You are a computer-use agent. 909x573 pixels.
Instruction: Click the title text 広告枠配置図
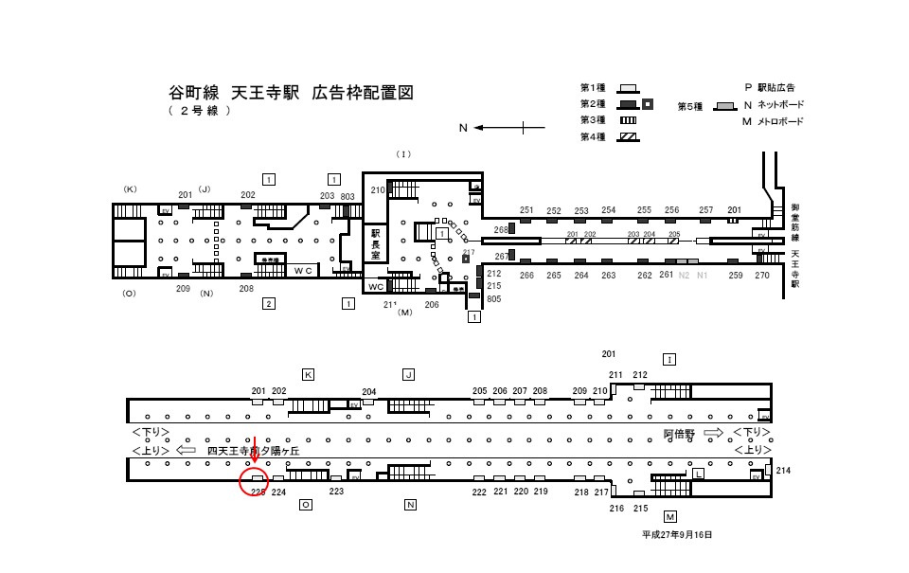(x=363, y=93)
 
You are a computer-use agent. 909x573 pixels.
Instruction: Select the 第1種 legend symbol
(x=628, y=87)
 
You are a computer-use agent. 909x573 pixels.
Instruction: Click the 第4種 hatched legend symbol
(x=628, y=135)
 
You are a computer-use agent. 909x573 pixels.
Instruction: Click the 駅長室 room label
(x=375, y=243)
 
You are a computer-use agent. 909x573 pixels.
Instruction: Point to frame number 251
(x=526, y=210)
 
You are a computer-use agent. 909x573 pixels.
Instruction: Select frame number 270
(x=762, y=276)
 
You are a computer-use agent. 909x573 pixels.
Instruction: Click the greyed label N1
(x=702, y=276)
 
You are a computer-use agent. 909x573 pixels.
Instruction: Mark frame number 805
(x=493, y=299)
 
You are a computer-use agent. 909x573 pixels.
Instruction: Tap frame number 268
(x=501, y=229)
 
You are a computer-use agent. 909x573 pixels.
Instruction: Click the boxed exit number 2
(x=269, y=303)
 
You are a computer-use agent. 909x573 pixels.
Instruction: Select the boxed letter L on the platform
(x=698, y=473)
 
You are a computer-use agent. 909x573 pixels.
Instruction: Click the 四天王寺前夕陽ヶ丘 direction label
(x=253, y=452)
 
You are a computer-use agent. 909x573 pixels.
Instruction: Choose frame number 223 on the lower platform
(x=336, y=492)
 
